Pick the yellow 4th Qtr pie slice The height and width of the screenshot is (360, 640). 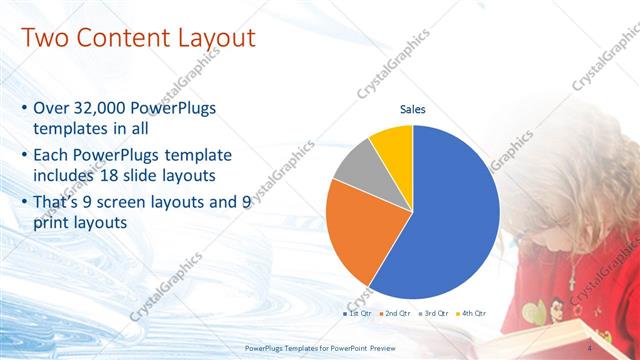393,145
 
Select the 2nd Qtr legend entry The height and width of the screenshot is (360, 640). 397,314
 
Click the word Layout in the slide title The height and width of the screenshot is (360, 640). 215,39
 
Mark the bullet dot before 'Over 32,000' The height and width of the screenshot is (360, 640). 24,108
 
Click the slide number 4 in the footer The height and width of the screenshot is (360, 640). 592,347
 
